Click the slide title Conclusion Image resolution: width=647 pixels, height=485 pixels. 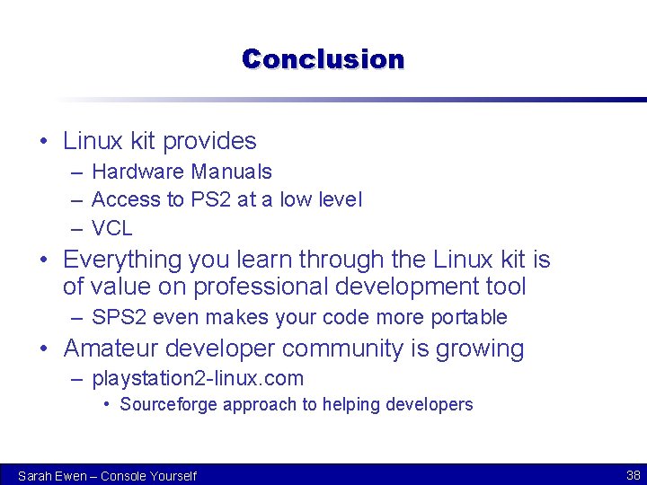[x=323, y=59]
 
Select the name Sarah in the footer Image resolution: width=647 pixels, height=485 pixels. [x=35, y=476]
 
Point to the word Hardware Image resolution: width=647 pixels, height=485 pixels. [x=130, y=172]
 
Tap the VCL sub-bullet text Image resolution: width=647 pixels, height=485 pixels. [x=112, y=228]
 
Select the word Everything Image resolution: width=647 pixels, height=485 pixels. [x=122, y=260]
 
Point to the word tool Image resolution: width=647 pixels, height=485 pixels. [x=506, y=287]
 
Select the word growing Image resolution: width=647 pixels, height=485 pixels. [x=479, y=348]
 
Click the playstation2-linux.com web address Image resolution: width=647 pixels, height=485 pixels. [x=198, y=379]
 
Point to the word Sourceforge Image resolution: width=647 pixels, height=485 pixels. [x=168, y=405]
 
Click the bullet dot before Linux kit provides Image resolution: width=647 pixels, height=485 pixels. [x=44, y=141]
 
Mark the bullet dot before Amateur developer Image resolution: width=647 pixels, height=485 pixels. [x=44, y=348]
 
